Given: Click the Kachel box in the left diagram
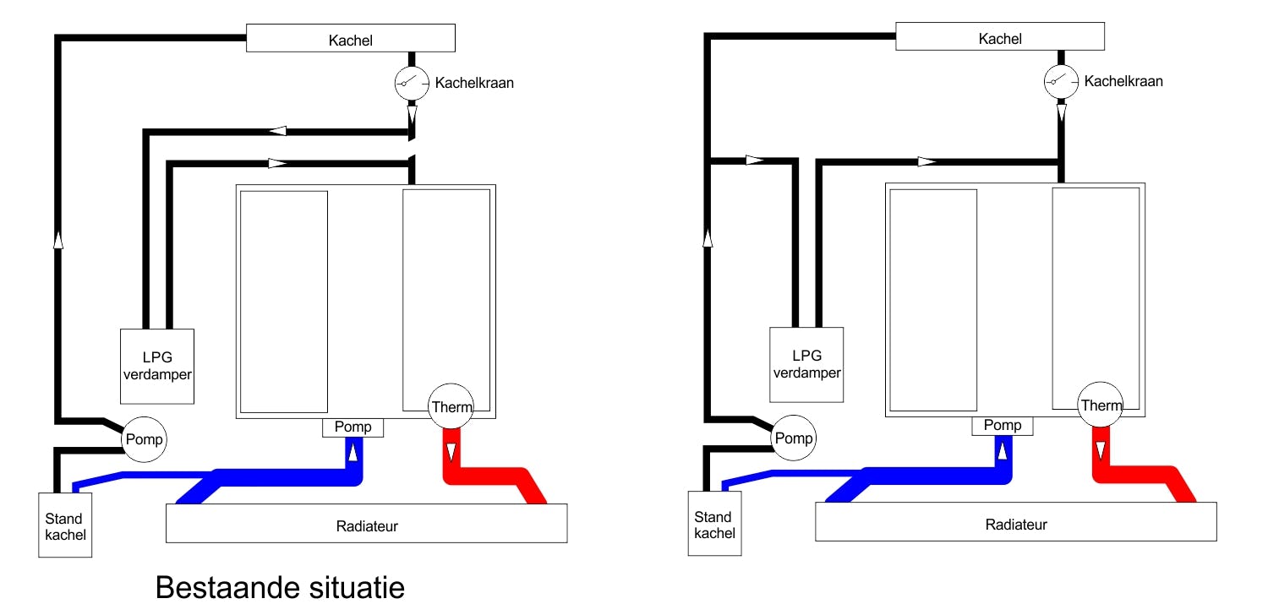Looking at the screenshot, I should [x=350, y=39].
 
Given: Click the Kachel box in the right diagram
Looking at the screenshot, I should [x=1000, y=38].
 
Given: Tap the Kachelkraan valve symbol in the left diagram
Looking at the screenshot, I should [x=412, y=82].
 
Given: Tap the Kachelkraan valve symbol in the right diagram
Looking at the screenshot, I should [x=1061, y=81].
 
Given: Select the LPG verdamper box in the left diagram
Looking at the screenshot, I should [x=157, y=366].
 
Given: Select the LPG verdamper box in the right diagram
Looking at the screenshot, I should [x=806, y=364].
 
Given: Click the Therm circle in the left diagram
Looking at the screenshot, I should [x=451, y=406].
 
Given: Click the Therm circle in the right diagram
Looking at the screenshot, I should [x=1101, y=405].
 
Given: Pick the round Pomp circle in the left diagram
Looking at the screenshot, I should [x=143, y=439].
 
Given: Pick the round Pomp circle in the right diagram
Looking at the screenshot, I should [x=793, y=438].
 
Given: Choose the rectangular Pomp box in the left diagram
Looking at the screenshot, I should [x=353, y=427].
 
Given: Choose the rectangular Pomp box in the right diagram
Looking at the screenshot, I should [x=1003, y=426].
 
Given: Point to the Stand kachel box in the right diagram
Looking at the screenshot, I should [x=714, y=524].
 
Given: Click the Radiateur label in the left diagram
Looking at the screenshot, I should [x=367, y=526].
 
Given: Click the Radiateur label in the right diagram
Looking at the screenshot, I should [x=1016, y=525].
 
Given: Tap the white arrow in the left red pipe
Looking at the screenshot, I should [x=451, y=452].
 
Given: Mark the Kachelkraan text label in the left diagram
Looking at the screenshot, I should [x=474, y=83].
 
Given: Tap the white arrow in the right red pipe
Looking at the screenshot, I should [x=1101, y=450].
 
